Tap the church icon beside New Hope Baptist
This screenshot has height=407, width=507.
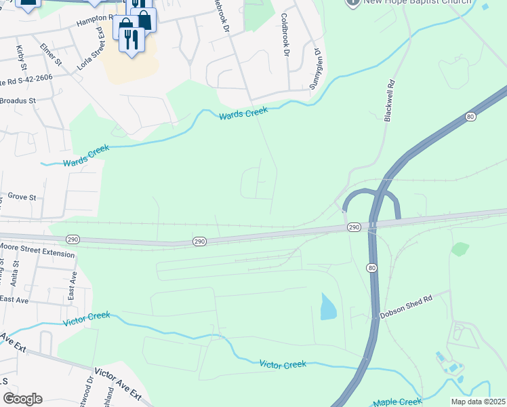pos(352,2)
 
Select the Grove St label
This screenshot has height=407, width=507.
pos(21,197)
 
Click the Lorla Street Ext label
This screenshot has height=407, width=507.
pos(94,42)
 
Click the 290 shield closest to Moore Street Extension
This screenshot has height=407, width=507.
pos(74,239)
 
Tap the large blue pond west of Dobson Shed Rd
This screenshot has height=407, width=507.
pos(327,307)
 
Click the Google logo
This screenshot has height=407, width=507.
pos(22,399)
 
